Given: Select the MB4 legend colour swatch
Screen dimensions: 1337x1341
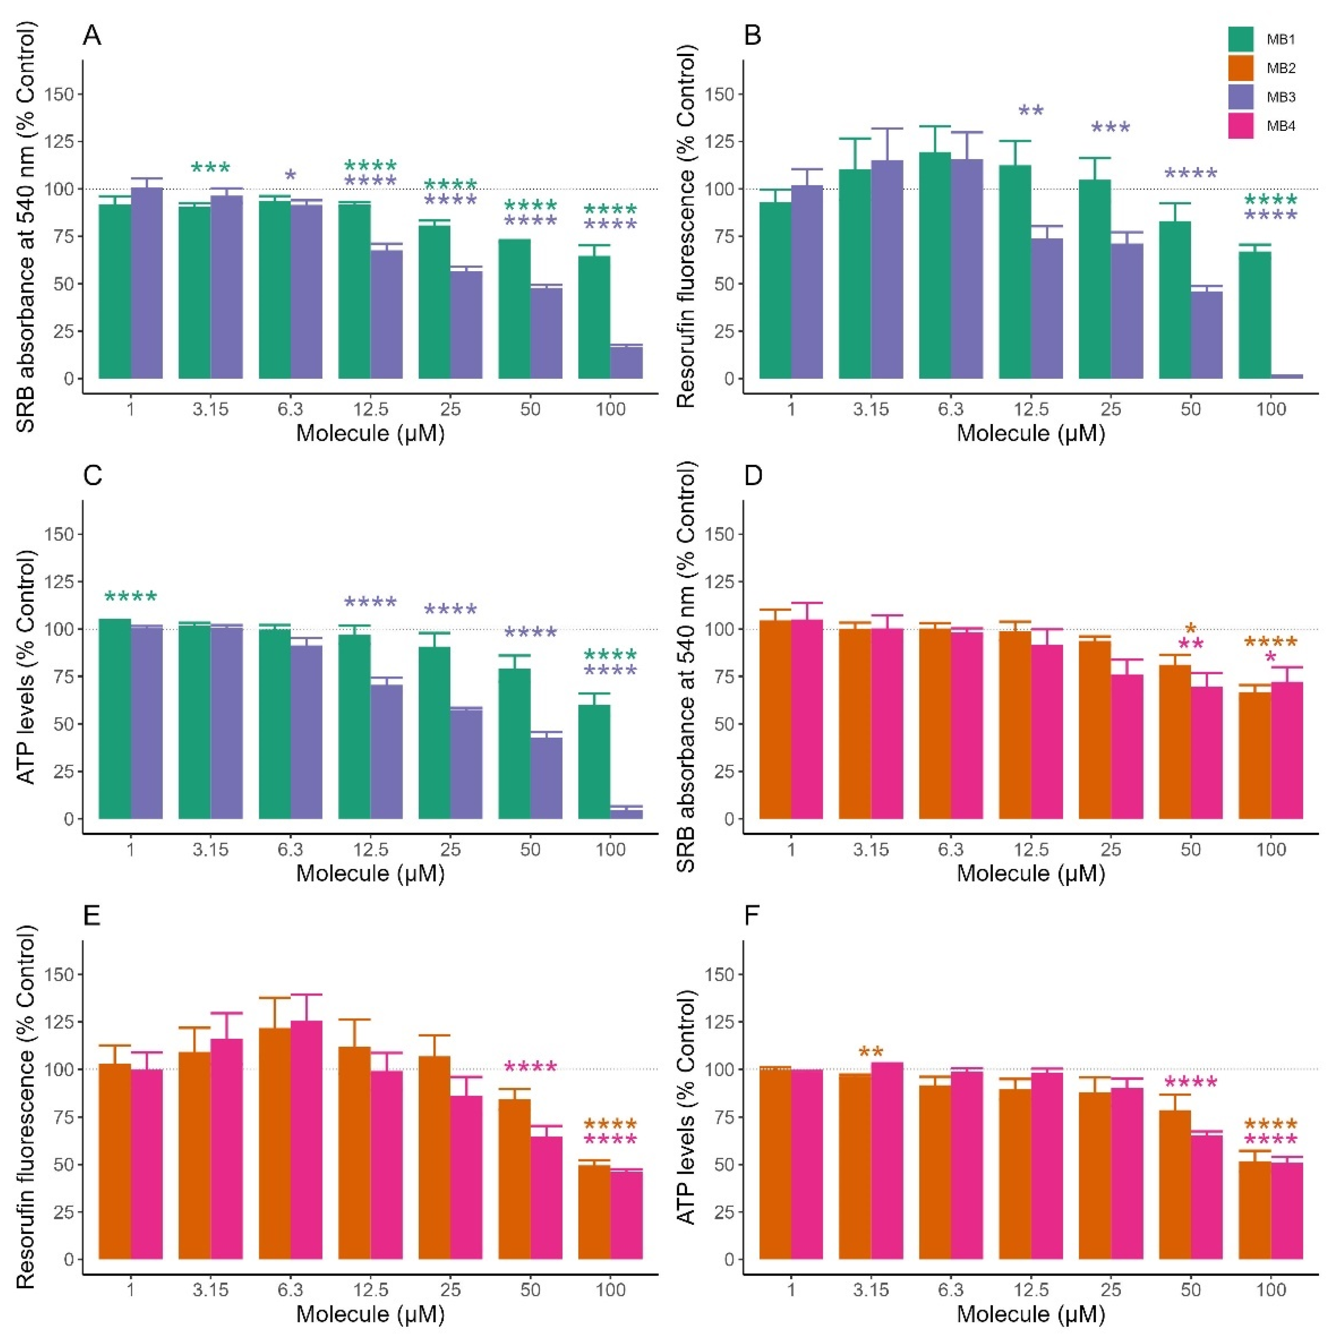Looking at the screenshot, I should coord(1240,125).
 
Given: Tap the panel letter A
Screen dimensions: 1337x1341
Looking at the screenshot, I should coord(92,35).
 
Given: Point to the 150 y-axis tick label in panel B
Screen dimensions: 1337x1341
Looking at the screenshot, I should coord(718,94).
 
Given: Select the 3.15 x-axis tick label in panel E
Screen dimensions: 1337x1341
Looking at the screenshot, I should coord(210,1289).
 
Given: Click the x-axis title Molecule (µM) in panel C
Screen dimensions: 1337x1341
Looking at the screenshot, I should coord(370,873).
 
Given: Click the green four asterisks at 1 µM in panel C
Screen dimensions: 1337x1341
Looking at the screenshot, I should coord(130,597).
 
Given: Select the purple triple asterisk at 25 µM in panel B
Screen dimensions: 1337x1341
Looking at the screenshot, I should coord(1110,128).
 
